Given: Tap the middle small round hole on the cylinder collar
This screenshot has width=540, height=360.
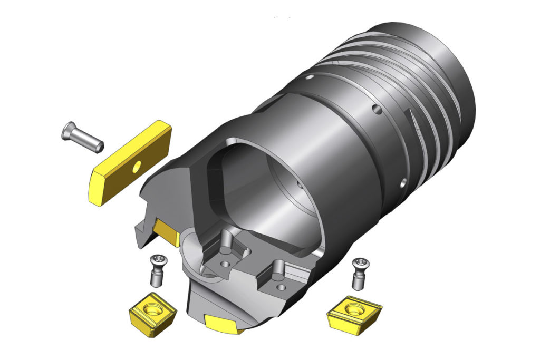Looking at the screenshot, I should tap(375, 110).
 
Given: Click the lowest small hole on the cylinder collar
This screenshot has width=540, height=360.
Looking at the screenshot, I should tap(403, 182).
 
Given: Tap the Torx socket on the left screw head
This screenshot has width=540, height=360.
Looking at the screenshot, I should tap(157, 258).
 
